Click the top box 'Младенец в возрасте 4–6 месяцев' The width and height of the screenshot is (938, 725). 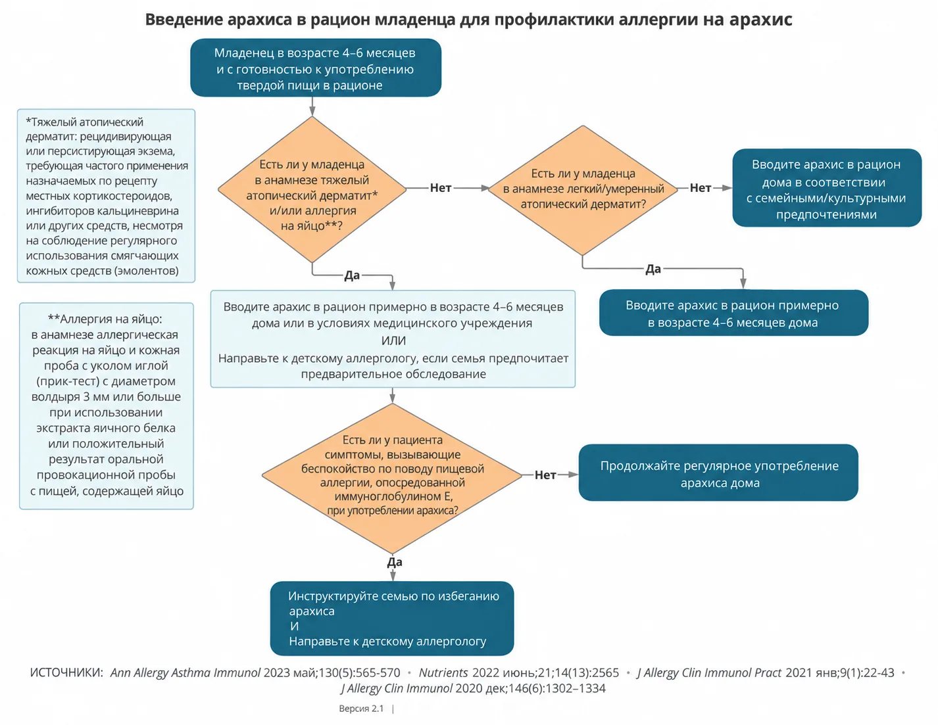coord(316,68)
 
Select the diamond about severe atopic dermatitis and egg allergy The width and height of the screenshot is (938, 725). coord(312,189)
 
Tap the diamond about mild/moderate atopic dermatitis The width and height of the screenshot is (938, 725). coord(583,190)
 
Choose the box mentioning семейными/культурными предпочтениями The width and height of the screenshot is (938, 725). coord(827,188)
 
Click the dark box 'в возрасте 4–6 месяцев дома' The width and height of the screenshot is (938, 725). coord(733,313)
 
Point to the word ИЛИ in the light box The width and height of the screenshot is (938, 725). coord(393,340)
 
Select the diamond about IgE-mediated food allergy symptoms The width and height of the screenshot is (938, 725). coord(392,478)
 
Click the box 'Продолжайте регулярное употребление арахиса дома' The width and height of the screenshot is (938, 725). coord(718,472)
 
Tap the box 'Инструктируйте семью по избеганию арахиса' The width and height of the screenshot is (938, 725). coord(392,618)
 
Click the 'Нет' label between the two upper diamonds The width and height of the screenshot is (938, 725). coord(440,188)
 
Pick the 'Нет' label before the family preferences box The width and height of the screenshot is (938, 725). coord(700,188)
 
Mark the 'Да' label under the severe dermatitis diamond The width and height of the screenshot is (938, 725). coord(352,275)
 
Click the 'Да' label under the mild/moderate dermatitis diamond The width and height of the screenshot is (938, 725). coord(653,269)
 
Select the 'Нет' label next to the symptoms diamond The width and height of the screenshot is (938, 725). coord(545,475)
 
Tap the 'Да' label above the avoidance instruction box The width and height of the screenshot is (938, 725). coord(395,562)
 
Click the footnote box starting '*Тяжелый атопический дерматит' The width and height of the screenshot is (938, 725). coord(106,196)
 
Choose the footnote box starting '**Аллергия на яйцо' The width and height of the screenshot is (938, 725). coord(106,406)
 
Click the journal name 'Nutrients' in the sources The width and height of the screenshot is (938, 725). coord(443,673)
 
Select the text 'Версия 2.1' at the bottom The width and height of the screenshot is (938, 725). coord(361,709)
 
